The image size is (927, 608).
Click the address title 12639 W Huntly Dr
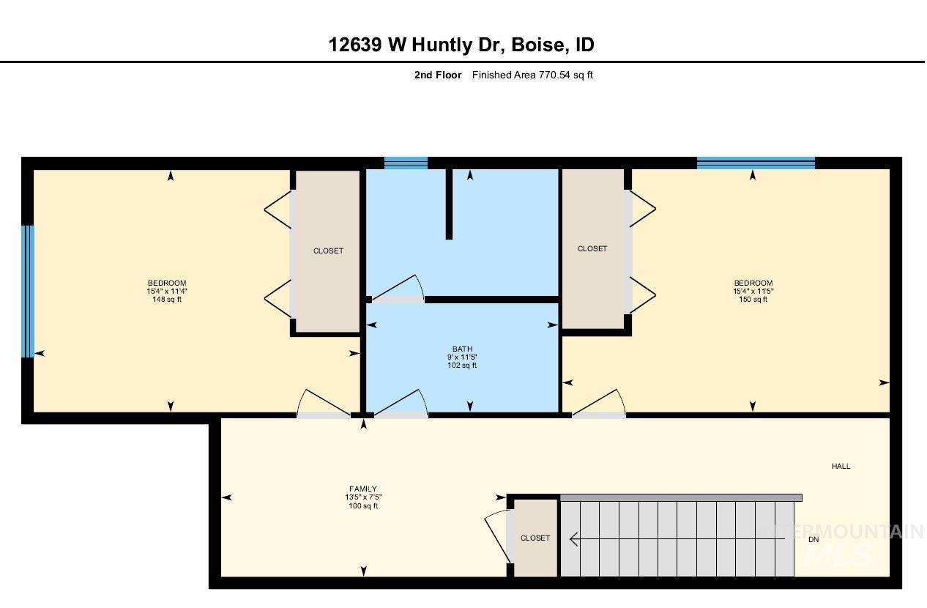(461, 45)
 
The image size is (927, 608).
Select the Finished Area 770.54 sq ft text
(532, 75)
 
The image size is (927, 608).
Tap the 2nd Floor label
(437, 75)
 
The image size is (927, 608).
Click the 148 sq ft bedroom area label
(167, 299)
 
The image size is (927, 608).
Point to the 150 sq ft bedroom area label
(753, 299)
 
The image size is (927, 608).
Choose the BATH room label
(462, 349)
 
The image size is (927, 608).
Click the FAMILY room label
(363, 489)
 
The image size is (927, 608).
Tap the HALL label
(841, 466)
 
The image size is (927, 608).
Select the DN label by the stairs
(813, 540)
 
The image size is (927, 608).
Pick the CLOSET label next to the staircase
(535, 538)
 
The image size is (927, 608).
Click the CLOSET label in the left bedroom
(328, 251)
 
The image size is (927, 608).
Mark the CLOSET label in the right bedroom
(592, 248)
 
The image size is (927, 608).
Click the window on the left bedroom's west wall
(28, 291)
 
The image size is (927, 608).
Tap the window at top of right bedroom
(756, 163)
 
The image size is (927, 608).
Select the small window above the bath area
(406, 163)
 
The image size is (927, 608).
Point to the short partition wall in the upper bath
(449, 203)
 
